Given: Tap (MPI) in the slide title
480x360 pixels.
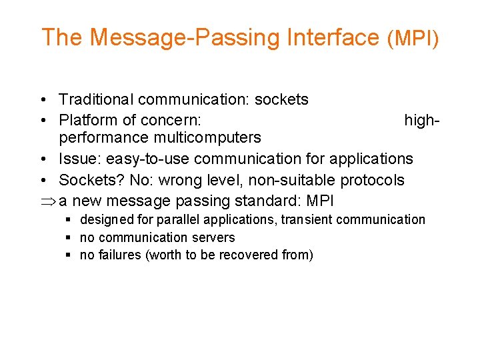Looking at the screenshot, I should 413,39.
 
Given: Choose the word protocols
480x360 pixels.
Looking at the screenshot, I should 372,180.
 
